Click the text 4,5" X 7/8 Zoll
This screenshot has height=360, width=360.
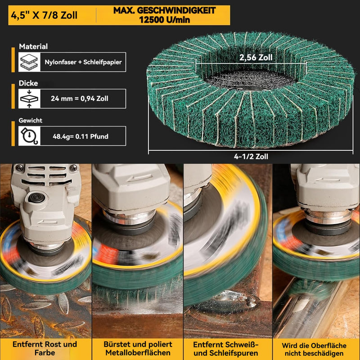(x=44, y=15)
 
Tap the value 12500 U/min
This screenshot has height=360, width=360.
(x=164, y=20)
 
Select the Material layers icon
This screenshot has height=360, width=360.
(x=29, y=62)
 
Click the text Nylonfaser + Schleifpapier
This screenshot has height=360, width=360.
(x=83, y=62)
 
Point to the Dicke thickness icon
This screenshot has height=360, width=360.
(x=29, y=99)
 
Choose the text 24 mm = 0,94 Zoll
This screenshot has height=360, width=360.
(x=80, y=99)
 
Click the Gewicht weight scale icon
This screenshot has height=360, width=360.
(x=29, y=136)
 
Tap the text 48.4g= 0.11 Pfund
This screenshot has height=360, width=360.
(x=81, y=136)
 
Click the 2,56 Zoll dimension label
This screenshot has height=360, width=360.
(x=256, y=58)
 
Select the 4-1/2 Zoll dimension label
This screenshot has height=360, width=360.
(x=251, y=156)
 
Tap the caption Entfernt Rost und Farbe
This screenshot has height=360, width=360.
(x=45, y=348)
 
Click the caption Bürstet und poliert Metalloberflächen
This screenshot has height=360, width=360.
(x=138, y=348)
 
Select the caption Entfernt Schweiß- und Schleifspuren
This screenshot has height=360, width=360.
(x=226, y=348)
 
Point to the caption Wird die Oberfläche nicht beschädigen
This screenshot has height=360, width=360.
(x=314, y=349)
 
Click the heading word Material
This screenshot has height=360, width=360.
(x=33, y=46)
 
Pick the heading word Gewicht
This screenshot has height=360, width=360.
(x=30, y=120)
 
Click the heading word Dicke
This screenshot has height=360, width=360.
(x=28, y=83)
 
